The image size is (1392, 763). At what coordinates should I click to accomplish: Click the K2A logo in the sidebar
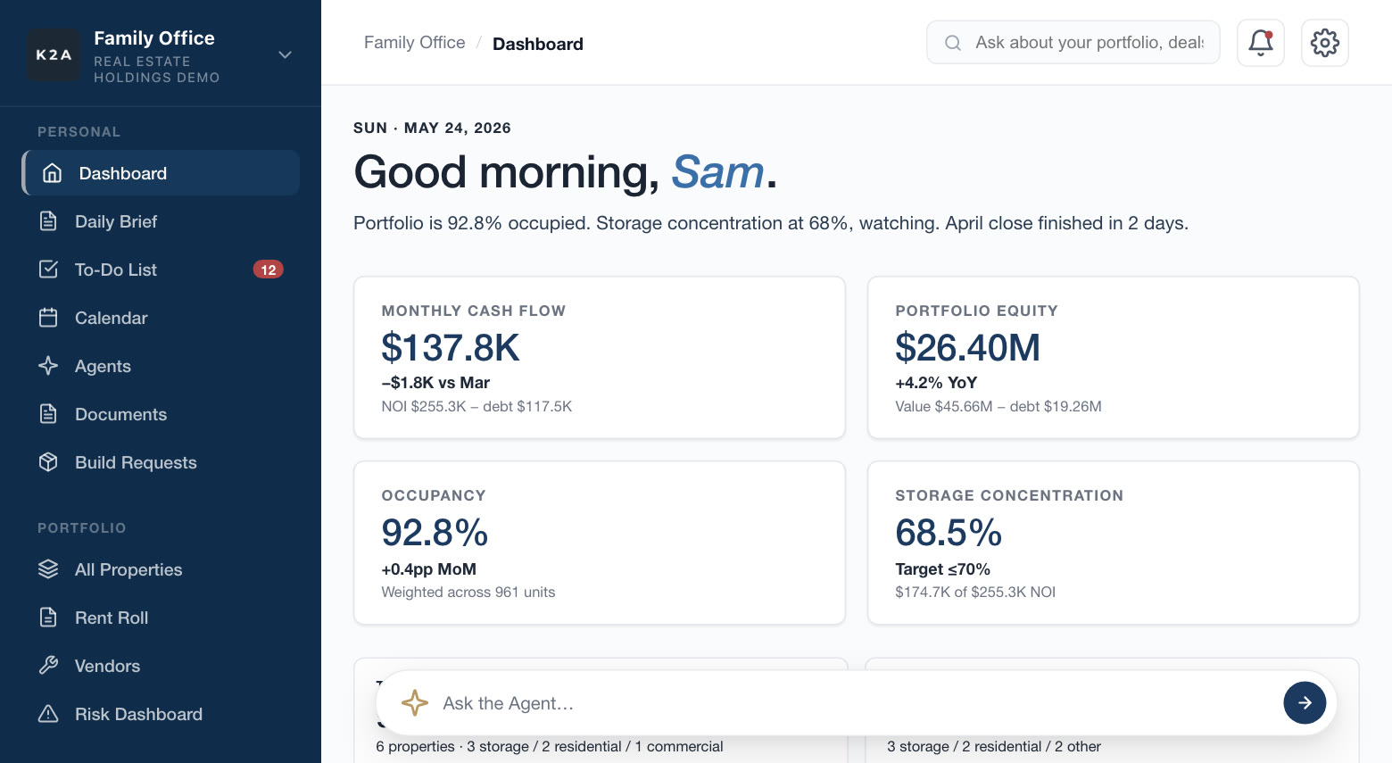pos(54,54)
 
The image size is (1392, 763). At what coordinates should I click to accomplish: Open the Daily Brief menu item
pos(116,221)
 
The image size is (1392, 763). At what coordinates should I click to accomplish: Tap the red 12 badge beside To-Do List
pos(268,270)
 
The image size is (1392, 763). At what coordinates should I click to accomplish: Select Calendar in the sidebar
pos(112,318)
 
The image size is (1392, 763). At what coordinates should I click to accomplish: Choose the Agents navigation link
pos(103,366)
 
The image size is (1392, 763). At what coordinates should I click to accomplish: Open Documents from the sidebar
pos(120,414)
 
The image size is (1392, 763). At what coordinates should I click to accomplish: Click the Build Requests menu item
pos(136,462)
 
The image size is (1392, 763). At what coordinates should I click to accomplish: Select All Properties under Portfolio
pos(128,569)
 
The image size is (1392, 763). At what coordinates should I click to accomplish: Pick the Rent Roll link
pos(112,618)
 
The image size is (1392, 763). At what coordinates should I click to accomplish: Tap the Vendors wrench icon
pos(48,666)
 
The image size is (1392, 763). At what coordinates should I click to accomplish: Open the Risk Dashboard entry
pos(138,714)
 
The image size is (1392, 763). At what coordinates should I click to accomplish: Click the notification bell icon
pos(1260,43)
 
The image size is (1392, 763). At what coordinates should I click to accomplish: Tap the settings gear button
pos(1325,43)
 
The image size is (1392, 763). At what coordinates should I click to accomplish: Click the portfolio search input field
pos(1073,42)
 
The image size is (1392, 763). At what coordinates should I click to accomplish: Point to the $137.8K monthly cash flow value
pos(450,347)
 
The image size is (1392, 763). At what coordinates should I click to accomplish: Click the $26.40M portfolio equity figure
pos(967,347)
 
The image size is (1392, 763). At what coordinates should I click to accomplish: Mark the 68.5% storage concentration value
pos(949,533)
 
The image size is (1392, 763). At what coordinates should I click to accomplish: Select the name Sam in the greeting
pos(717,171)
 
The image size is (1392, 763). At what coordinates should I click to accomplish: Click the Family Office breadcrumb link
pos(415,42)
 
